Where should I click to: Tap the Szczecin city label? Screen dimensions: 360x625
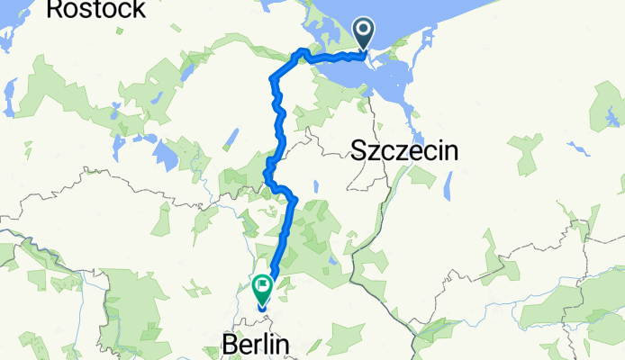[x=403, y=151]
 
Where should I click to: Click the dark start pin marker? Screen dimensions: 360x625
[x=365, y=34]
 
